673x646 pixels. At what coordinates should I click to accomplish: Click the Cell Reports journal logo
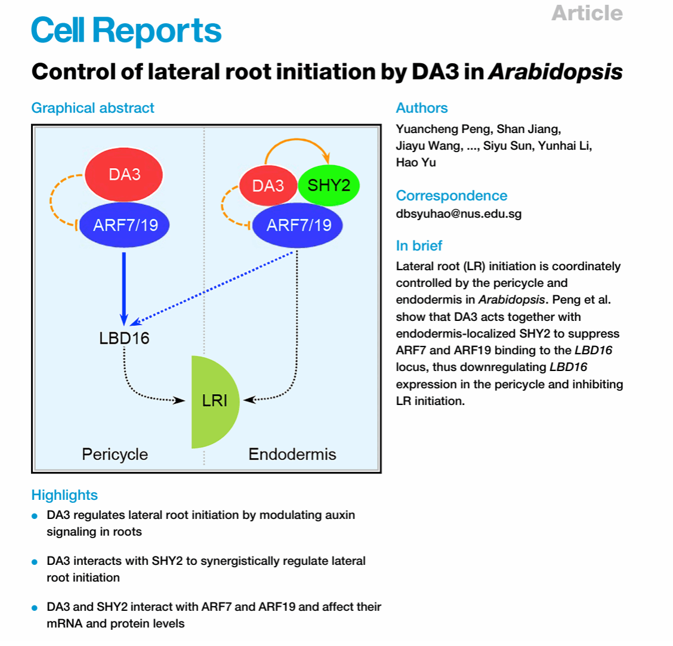coord(126,30)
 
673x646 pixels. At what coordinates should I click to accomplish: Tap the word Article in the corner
coord(587,13)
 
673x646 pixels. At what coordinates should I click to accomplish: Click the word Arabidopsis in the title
coord(555,72)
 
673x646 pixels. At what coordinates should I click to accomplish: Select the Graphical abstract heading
coord(92,108)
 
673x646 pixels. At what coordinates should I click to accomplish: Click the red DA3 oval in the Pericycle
coord(125,175)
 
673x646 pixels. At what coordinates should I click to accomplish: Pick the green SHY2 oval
coord(329,185)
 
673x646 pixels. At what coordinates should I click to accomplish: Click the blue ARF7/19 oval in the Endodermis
coord(298,225)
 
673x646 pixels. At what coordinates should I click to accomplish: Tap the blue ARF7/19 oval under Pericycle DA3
coord(125,225)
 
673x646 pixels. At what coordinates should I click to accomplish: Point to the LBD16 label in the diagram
coord(124,338)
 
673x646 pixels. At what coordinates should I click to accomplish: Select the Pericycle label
coord(115,455)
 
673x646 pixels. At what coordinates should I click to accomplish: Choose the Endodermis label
coord(292,455)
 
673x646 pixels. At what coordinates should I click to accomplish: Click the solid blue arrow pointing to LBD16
coord(124,286)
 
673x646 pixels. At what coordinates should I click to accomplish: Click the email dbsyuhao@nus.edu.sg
coord(458,214)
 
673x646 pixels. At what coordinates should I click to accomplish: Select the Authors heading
coord(422,108)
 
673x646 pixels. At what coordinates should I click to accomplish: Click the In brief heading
coord(419,246)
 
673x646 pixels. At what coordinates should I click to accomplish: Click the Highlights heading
coord(64,495)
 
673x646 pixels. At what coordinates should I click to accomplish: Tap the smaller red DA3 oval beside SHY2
coord(267,186)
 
